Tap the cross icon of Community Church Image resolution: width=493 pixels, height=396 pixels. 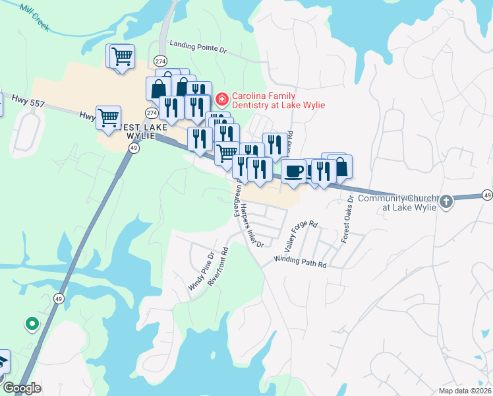coord(447,201)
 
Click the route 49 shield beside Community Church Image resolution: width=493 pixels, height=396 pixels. coord(487,195)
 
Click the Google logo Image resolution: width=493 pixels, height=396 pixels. coord(21,388)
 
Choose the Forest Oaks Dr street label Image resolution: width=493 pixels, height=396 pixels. coord(347,219)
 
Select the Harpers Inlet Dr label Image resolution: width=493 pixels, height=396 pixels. coord(252,226)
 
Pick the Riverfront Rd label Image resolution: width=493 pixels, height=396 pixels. coord(218,265)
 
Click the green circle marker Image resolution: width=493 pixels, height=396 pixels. coord(31,324)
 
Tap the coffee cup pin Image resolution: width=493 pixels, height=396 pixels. coord(293,171)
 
